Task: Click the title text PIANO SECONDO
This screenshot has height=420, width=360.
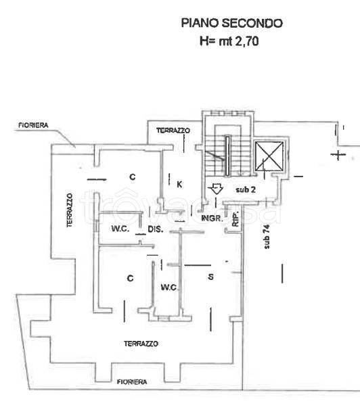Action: tap(232, 23)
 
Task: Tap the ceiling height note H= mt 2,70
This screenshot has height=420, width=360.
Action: tap(229, 41)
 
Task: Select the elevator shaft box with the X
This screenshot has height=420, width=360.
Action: tap(269, 156)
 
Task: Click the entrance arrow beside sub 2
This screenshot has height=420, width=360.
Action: tap(217, 189)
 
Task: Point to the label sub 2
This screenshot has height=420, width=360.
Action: tap(246, 189)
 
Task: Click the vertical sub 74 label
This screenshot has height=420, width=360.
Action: tap(267, 237)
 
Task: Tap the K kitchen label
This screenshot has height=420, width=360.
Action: tap(179, 184)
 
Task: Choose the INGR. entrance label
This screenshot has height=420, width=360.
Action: tap(212, 218)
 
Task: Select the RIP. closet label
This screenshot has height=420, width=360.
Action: tap(235, 220)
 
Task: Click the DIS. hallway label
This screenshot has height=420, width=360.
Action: tap(156, 229)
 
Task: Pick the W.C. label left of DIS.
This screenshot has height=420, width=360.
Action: tap(120, 229)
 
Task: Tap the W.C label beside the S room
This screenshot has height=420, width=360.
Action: tap(168, 287)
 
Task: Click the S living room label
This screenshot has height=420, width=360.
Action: tap(210, 277)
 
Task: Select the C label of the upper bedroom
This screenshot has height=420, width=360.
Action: tap(133, 177)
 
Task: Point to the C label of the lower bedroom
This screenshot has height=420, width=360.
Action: tap(130, 278)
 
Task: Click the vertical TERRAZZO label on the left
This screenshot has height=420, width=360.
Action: tap(70, 210)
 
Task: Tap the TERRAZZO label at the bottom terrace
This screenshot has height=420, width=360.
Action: tap(141, 344)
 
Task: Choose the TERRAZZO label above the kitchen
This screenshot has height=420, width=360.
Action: tap(173, 131)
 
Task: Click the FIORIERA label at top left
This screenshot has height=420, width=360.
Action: tap(34, 125)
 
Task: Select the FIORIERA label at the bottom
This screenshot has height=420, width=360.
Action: tap(132, 382)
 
